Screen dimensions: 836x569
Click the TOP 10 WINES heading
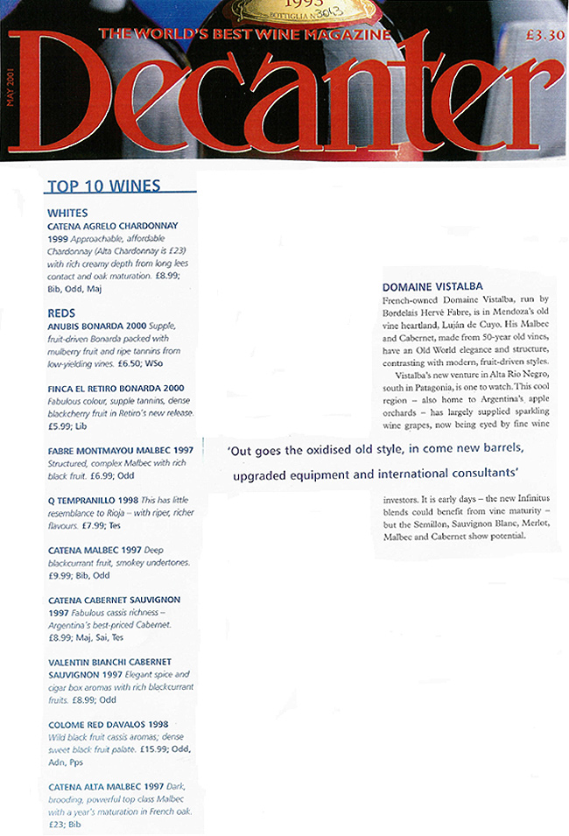click(x=103, y=186)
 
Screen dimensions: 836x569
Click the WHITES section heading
click(x=67, y=213)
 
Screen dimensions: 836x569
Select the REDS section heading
click(x=61, y=313)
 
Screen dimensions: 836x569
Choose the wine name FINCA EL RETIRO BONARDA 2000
click(x=116, y=388)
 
